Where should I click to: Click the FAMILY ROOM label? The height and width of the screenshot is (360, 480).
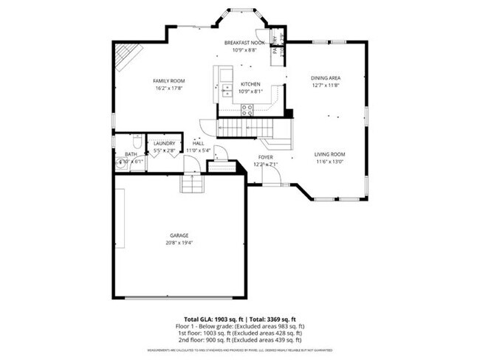168,80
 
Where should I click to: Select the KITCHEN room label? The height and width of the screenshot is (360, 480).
250,84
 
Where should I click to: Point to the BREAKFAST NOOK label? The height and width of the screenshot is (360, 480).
244,44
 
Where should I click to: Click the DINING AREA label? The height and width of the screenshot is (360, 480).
325,77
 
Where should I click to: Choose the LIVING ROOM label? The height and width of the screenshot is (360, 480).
330,153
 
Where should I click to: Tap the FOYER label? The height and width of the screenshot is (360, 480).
265,157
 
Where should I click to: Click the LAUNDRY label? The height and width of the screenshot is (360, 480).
164,143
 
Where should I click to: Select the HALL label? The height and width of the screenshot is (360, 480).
198,143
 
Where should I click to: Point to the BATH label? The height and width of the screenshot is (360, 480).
131,153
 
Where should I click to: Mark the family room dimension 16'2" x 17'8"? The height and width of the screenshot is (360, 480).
168,89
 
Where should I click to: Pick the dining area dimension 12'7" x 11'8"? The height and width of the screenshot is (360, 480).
325,86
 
